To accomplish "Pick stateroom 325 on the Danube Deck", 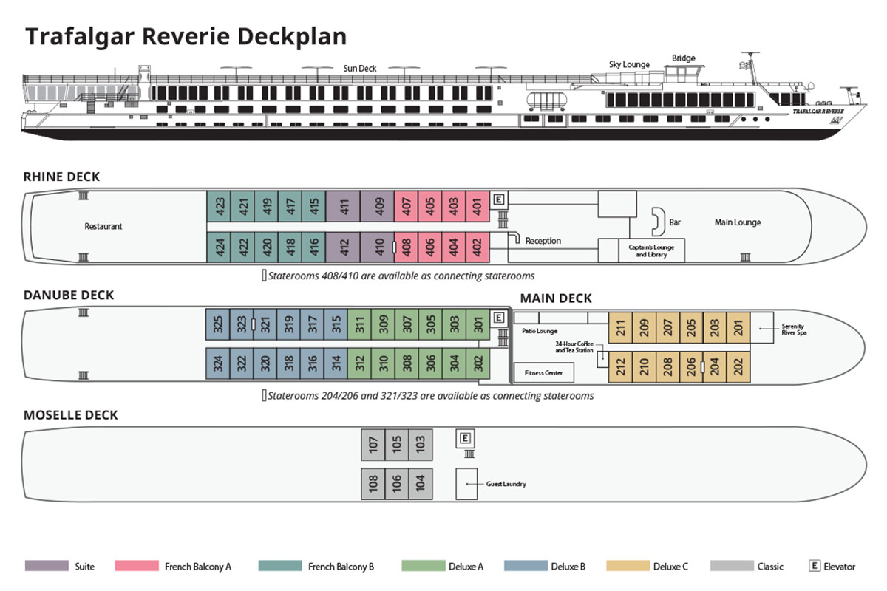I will pyautogui.click(x=217, y=324).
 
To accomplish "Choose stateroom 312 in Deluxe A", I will pyautogui.click(x=359, y=364).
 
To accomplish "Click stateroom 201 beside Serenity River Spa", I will pyautogui.click(x=738, y=327).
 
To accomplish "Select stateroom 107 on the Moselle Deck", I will pyautogui.click(x=373, y=445).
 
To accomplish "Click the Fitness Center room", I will pyautogui.click(x=543, y=372).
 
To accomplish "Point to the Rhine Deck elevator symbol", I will pyautogui.click(x=500, y=199).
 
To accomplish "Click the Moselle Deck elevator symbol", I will pyautogui.click(x=465, y=438).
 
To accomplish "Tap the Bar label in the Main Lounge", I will pyautogui.click(x=674, y=222).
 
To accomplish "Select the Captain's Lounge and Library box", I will pyautogui.click(x=651, y=250).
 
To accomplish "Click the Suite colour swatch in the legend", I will pyautogui.click(x=47, y=567).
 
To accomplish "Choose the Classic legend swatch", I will pyautogui.click(x=733, y=567).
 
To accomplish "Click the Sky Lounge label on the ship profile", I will pyautogui.click(x=629, y=64).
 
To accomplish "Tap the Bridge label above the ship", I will pyautogui.click(x=683, y=58).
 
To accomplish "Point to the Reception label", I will pyautogui.click(x=543, y=241).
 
